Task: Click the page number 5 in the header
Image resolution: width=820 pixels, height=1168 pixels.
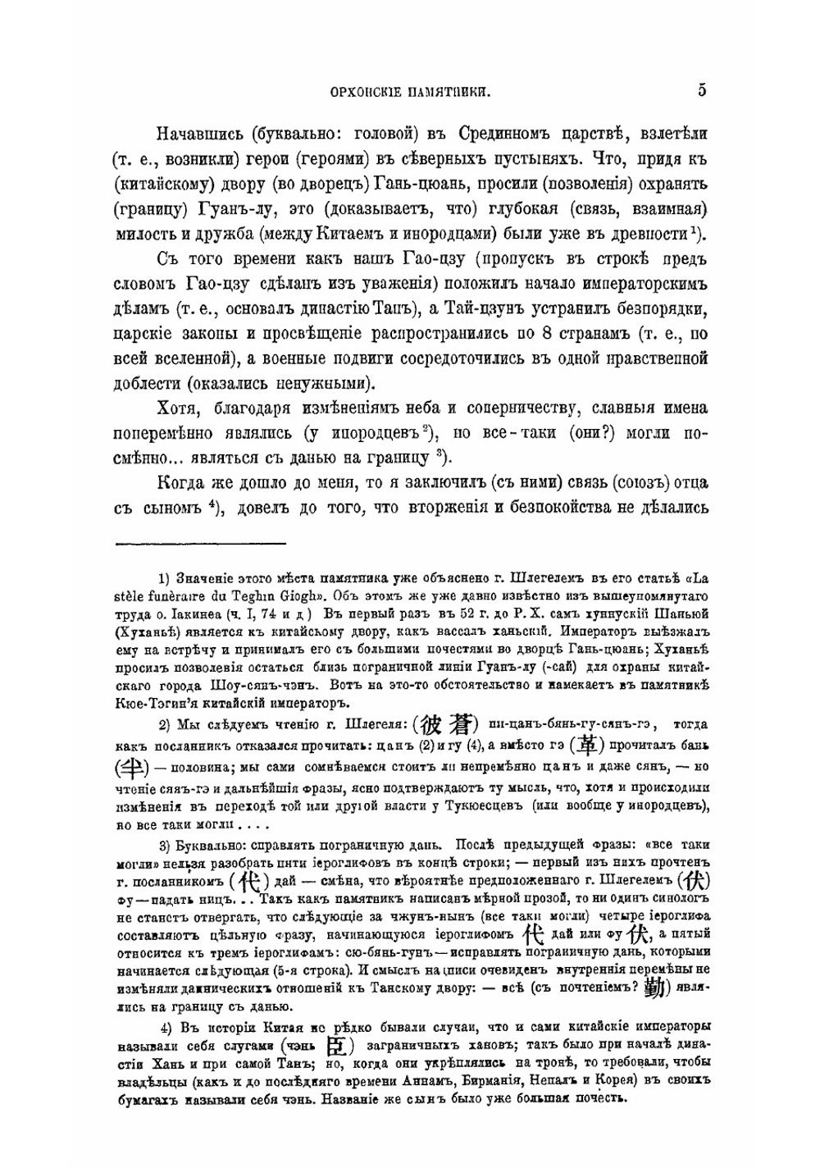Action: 703,91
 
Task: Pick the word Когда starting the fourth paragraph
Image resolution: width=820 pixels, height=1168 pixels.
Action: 182,484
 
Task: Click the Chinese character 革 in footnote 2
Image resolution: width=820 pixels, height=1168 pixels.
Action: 587,745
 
